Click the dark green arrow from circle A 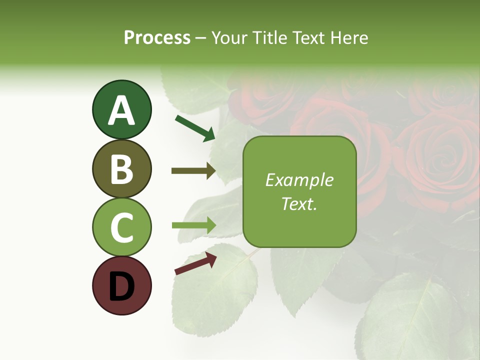pyautogui.click(x=195, y=128)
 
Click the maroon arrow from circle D pyautogui.click(x=195, y=263)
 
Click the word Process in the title pyautogui.click(x=157, y=38)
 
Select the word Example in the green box pyautogui.click(x=299, y=180)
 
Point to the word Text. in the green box pyautogui.click(x=299, y=204)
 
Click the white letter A pyautogui.click(x=121, y=110)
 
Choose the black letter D pyautogui.click(x=121, y=286)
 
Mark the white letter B pyautogui.click(x=121, y=169)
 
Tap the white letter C pyautogui.click(x=121, y=227)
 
